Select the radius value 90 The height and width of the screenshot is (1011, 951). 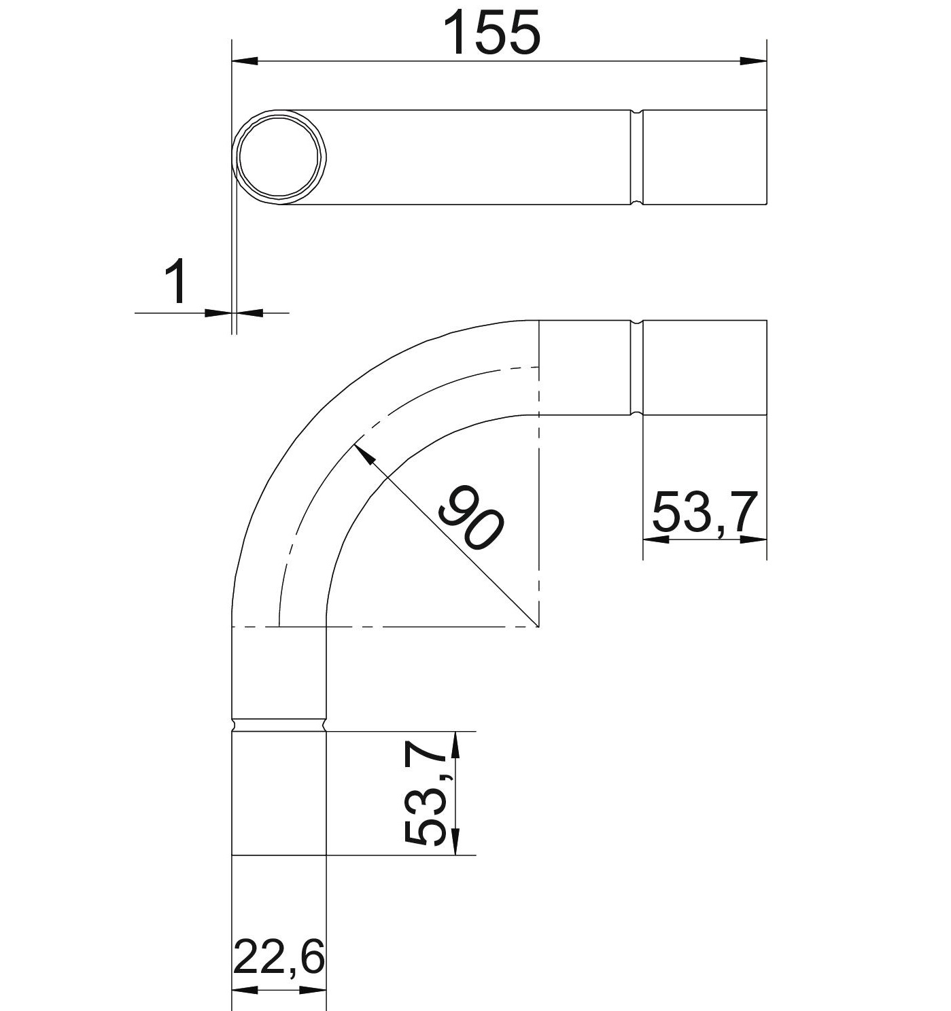[x=470, y=518]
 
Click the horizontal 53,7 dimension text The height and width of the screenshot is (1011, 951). [x=702, y=512]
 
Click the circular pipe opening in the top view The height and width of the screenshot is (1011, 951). [x=279, y=157]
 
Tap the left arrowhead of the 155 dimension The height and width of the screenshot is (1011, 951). [x=245, y=61]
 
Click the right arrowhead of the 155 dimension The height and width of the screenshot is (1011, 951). [x=753, y=61]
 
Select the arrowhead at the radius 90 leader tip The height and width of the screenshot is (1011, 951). [x=364, y=454]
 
